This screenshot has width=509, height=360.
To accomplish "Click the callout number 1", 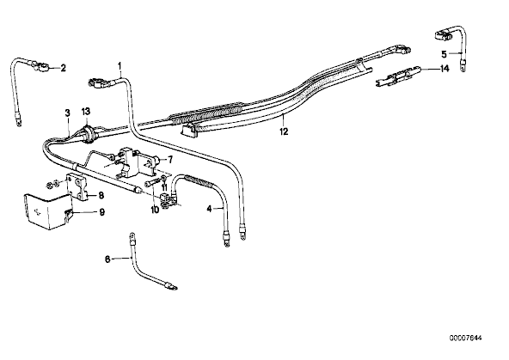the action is click(120, 66).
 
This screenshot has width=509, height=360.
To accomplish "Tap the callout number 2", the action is click(64, 68).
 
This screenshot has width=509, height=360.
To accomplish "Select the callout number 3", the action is click(68, 113).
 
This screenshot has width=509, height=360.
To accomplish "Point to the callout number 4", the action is click(210, 209).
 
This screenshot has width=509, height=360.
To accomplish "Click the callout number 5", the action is click(444, 54).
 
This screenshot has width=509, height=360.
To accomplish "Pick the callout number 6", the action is click(107, 259).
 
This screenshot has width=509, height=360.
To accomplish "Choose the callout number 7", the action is click(170, 160).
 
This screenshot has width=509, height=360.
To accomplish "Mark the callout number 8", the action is click(101, 195).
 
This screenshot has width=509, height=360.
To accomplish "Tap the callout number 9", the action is click(101, 212).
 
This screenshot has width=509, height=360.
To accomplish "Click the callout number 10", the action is click(155, 210).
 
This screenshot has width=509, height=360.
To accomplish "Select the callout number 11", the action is click(164, 187).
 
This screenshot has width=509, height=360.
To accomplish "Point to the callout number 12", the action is click(284, 131).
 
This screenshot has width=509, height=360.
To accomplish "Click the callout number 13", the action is click(86, 112).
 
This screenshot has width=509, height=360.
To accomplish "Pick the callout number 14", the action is click(445, 69).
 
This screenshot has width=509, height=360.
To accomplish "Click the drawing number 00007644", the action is click(466, 338).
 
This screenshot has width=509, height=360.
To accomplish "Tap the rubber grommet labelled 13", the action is click(88, 132).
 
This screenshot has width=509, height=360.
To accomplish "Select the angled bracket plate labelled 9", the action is click(48, 211).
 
